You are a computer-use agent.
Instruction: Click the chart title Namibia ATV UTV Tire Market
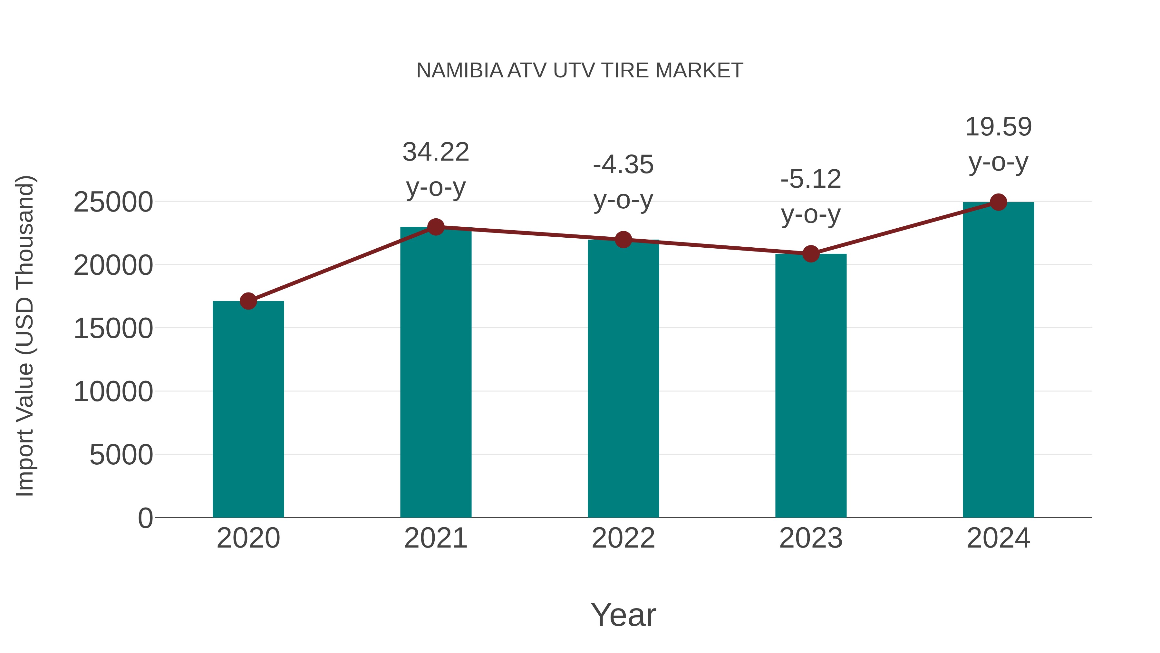tap(580, 71)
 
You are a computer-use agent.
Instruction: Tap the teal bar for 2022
tap(623, 379)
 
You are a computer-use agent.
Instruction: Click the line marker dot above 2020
tap(248, 301)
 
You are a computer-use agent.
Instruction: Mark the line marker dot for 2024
tap(998, 202)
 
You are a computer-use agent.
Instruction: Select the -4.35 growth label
tap(623, 164)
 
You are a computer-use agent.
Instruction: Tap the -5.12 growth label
tap(811, 179)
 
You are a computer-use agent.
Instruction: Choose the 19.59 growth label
tap(998, 127)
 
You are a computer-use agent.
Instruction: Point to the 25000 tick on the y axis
tap(113, 202)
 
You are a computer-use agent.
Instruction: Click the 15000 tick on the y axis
tap(113, 329)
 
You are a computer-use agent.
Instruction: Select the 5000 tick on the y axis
tap(121, 455)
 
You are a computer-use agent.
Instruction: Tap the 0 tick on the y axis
tap(145, 518)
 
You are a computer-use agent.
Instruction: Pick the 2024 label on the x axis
tap(998, 538)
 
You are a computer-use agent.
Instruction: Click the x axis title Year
tap(623, 615)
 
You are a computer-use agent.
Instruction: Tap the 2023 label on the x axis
tap(811, 538)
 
